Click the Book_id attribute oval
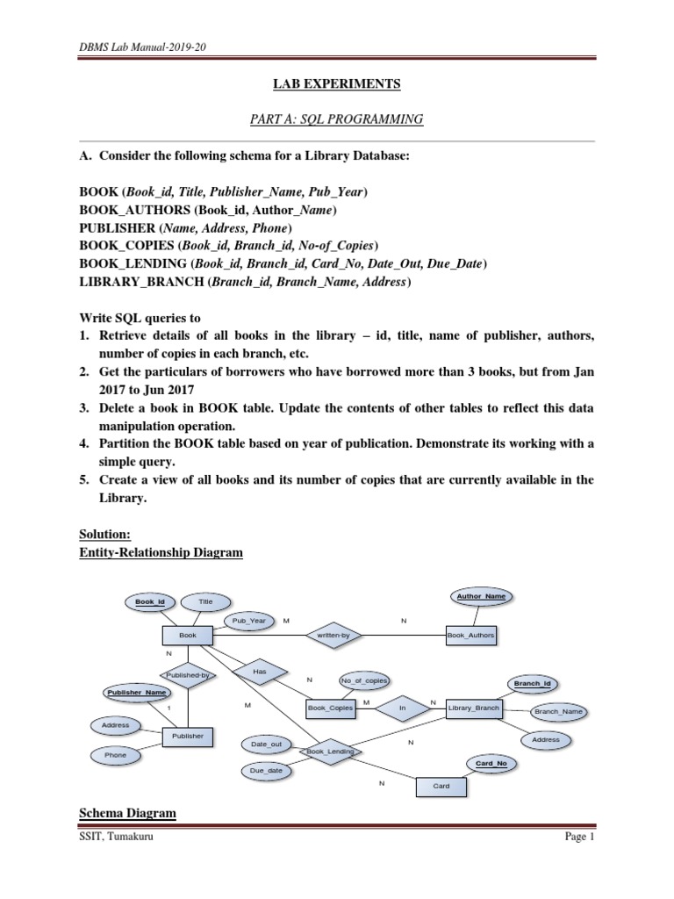pos(150,602)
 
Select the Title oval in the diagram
pos(205,602)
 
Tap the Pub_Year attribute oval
pos(248,621)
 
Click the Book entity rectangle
pos(188,635)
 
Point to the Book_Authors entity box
pos(470,635)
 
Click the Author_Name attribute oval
pos(481,597)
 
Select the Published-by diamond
pos(187,675)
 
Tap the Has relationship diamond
pos(259,672)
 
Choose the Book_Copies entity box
pos(331,708)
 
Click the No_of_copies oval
pos(363,680)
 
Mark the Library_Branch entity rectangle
pos(473,708)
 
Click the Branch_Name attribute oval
pos(560,712)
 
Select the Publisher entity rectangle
pos(188,737)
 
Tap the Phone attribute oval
pos(115,755)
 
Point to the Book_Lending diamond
pos(330,752)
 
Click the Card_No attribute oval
pos(491,764)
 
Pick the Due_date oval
pos(267,771)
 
